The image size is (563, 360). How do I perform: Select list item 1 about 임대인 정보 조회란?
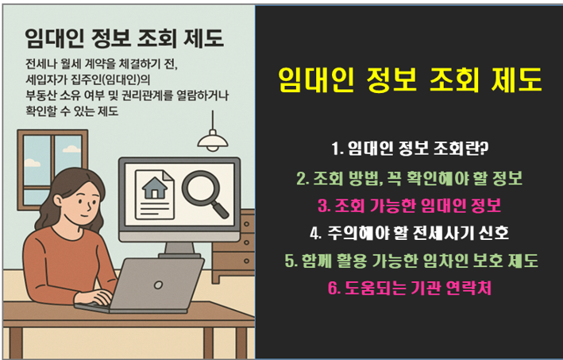[x=410, y=148]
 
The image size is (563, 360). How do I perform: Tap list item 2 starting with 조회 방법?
[x=410, y=176]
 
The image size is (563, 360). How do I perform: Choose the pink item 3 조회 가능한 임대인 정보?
[x=410, y=205]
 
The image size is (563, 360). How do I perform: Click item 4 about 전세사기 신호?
[x=410, y=234]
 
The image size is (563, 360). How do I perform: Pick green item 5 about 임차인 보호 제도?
[x=410, y=261]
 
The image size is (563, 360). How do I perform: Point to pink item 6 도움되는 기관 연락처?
[x=410, y=288]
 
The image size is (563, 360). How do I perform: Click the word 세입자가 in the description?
[x=47, y=79]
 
